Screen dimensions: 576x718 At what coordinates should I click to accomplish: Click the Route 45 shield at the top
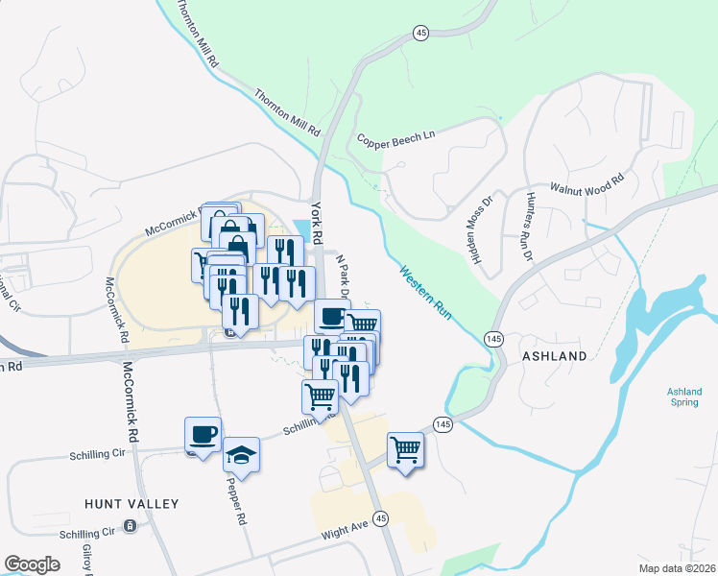[420, 33]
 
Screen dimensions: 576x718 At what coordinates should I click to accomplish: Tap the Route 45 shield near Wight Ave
[381, 517]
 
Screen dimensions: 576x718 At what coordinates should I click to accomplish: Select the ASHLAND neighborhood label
[554, 356]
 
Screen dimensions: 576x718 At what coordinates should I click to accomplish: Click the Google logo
[32, 564]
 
